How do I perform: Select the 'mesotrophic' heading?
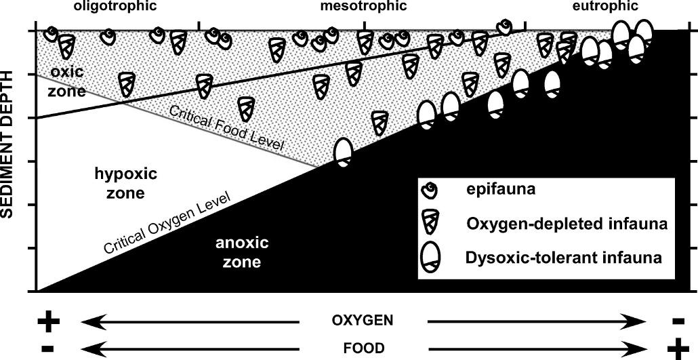(363, 6)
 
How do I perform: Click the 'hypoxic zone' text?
(126, 184)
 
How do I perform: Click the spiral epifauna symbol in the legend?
(430, 191)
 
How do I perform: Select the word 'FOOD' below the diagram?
(363, 348)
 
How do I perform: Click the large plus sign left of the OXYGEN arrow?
(47, 321)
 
